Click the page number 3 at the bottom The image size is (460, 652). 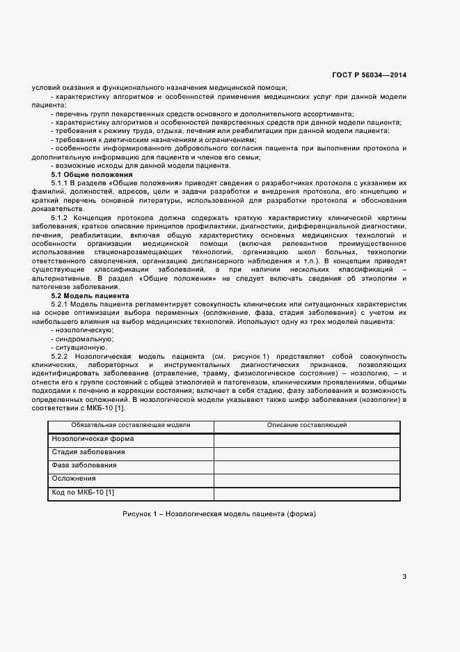click(x=404, y=575)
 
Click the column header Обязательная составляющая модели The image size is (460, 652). click(x=131, y=425)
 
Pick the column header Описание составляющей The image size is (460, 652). click(x=307, y=425)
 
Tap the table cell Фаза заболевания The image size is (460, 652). click(x=84, y=465)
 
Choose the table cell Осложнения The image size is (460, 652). click(x=74, y=479)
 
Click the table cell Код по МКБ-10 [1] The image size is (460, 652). click(x=84, y=492)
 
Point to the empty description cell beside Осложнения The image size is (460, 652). click(x=307, y=479)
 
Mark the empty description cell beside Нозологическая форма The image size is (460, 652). click(x=307, y=440)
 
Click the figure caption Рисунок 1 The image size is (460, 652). click(x=219, y=514)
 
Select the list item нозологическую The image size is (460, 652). click(x=82, y=329)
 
